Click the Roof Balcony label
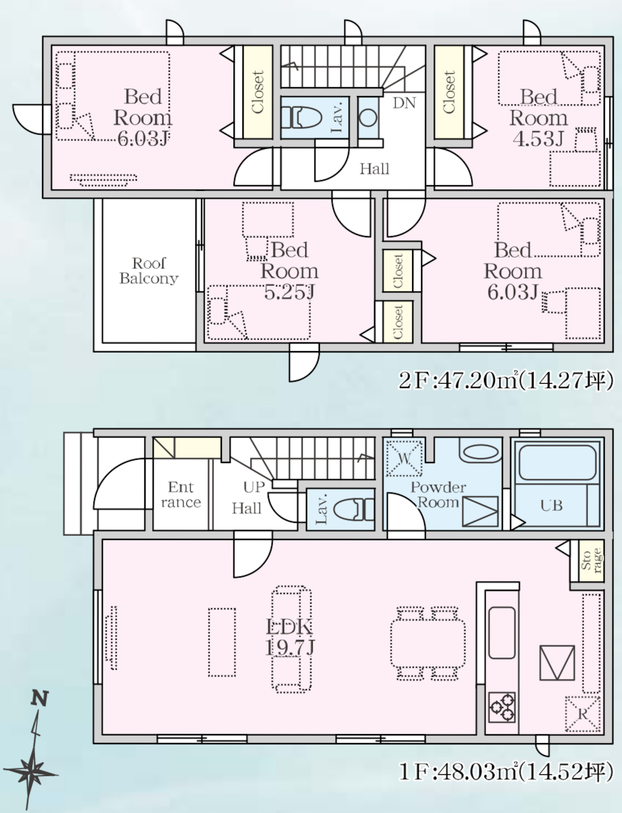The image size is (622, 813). point(149,271)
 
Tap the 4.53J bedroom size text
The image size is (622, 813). point(538,138)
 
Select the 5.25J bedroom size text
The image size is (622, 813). point(289,292)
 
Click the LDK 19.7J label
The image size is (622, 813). point(290,637)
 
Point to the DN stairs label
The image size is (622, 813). point(404,103)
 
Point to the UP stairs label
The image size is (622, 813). point(254,487)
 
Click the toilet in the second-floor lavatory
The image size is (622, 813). point(301,118)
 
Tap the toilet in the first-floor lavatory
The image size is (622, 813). point(354,509)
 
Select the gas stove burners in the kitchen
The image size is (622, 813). point(502,707)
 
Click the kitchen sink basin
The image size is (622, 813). point(502,632)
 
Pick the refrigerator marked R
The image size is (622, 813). point(583,714)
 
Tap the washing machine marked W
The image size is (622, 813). point(404,458)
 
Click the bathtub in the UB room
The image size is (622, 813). point(558,462)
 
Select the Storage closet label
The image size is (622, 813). point(591,560)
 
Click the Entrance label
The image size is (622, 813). point(181,494)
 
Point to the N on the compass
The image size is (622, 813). point(39,698)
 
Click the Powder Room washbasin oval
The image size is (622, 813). point(481,452)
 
